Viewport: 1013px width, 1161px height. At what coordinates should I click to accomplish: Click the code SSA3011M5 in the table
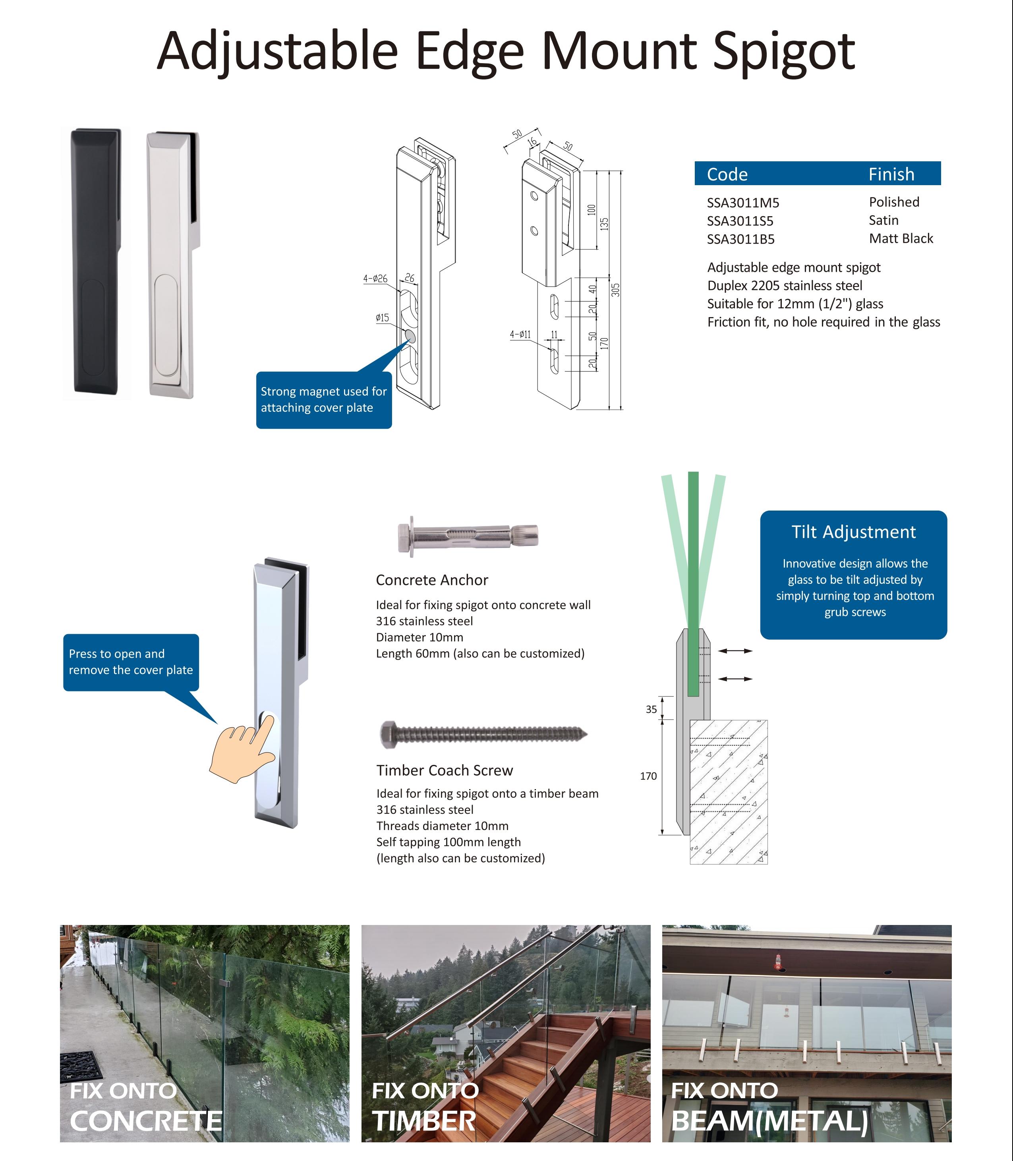[x=743, y=203]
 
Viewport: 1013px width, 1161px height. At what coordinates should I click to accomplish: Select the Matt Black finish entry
[x=901, y=239]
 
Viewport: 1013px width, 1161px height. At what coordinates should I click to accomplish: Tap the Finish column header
[x=891, y=174]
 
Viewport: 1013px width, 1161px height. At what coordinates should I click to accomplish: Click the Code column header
[x=727, y=174]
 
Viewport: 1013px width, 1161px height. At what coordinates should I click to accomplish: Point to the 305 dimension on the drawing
[x=616, y=290]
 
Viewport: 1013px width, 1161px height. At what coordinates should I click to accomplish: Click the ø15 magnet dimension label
[x=382, y=318]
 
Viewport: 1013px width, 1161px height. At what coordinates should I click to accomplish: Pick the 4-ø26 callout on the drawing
[x=375, y=279]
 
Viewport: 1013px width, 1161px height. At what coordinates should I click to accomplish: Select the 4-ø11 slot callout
[x=520, y=334]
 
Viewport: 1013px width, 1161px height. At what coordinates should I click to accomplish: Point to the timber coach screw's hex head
[x=389, y=733]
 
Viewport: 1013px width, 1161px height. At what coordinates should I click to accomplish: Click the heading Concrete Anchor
[x=432, y=580]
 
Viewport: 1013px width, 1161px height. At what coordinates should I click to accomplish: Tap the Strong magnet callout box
[x=323, y=399]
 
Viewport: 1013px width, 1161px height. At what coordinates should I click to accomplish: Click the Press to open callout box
[x=131, y=662]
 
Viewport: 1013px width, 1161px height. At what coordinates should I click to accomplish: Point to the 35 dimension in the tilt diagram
[x=651, y=709]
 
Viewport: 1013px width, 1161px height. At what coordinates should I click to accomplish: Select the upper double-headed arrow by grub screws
[x=735, y=651]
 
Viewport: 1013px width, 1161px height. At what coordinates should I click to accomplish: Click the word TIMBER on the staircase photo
[x=423, y=1121]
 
